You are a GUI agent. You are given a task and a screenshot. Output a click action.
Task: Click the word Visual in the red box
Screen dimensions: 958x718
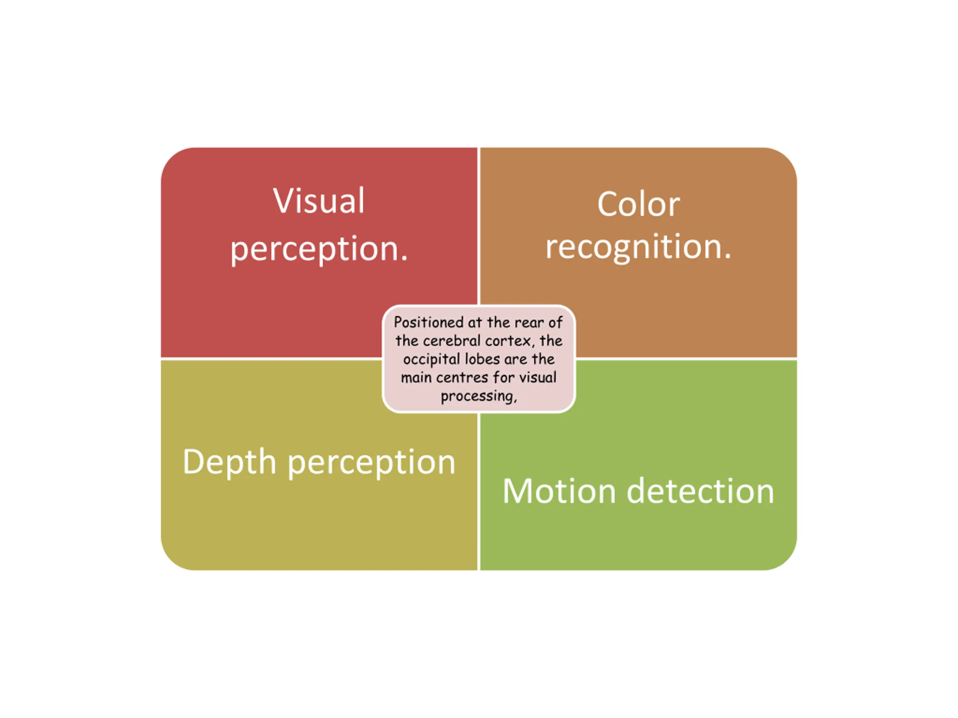point(319,201)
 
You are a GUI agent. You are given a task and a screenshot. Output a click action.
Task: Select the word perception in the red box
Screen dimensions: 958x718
point(319,249)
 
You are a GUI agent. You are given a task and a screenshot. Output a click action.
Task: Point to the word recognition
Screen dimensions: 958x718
point(638,247)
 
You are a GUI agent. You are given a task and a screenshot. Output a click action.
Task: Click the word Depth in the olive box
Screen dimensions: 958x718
point(229,462)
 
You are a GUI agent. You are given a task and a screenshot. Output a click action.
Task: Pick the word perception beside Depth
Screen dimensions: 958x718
point(372,463)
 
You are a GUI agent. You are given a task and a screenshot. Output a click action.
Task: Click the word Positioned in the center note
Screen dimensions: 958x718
point(428,322)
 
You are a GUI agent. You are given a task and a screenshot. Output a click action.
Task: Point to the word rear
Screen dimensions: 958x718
point(529,322)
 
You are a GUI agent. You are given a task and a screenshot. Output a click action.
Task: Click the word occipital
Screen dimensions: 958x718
point(432,360)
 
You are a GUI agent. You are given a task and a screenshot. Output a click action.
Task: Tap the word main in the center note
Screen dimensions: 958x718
point(416,378)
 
